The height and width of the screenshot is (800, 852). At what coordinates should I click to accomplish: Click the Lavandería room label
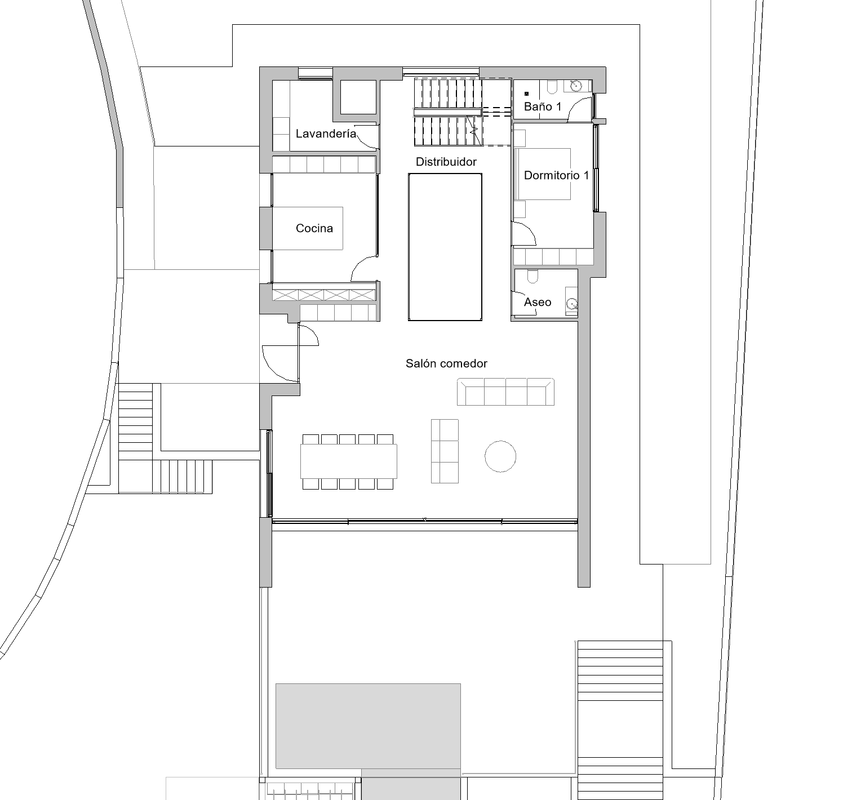coord(326,134)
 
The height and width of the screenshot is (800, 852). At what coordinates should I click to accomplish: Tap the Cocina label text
coord(314,228)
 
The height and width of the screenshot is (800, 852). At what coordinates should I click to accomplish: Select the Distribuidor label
coord(446,162)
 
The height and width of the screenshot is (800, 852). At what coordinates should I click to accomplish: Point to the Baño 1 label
coord(543,106)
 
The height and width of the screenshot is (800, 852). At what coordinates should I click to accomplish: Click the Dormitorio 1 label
coord(556,175)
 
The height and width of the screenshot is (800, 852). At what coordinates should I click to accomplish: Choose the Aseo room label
coord(538,302)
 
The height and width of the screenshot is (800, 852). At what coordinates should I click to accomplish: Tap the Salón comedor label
coord(447,363)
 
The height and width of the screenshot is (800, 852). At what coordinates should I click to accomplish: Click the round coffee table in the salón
coord(500,456)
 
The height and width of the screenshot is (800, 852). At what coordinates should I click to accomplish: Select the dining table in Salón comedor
coord(349,461)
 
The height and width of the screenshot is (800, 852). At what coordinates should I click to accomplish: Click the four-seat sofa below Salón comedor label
coord(506,392)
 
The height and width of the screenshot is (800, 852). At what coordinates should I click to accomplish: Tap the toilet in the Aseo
coord(533,276)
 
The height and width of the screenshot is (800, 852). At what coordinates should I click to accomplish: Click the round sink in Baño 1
coord(576,86)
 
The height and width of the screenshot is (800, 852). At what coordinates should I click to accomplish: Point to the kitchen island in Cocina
coord(308,228)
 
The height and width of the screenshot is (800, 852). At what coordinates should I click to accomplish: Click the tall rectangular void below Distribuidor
coord(445,247)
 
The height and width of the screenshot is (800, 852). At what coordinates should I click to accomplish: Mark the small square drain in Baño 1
coord(527,94)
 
